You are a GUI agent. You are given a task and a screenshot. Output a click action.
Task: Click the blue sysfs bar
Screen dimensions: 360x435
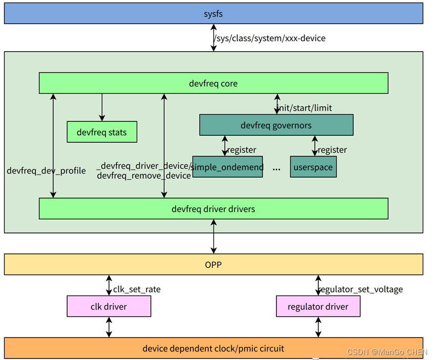[213, 14]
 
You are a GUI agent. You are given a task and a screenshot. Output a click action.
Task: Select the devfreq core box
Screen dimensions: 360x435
[213, 83]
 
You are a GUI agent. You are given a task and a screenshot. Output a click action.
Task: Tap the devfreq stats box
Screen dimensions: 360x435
[102, 133]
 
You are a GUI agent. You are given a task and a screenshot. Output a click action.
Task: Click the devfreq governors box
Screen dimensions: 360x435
[276, 125]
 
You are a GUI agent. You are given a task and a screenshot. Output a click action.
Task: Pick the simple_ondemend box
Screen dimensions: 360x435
[227, 167]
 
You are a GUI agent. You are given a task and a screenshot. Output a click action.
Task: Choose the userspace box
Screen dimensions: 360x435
[313, 167]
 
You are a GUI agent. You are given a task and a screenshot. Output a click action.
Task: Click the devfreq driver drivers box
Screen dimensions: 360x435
[213, 208]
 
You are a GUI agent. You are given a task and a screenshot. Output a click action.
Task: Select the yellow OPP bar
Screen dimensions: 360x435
[213, 264]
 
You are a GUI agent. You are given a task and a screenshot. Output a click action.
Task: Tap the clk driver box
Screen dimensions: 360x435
[109, 306]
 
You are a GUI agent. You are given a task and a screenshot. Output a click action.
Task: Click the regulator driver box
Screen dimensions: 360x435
[318, 306]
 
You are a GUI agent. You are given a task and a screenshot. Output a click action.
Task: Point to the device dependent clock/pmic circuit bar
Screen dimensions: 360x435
[213, 348]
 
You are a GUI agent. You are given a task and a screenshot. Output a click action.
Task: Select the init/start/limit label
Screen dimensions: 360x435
[305, 108]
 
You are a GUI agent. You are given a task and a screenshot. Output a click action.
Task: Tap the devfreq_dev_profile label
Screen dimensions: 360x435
[46, 171]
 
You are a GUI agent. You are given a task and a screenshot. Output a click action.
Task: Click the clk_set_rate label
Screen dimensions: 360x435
[137, 289]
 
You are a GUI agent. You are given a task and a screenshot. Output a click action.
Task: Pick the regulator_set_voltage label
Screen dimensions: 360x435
[361, 289]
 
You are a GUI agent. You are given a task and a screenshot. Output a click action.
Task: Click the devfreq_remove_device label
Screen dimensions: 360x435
[144, 176]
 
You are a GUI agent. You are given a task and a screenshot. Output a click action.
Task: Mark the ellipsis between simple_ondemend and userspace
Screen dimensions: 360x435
[276, 168]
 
